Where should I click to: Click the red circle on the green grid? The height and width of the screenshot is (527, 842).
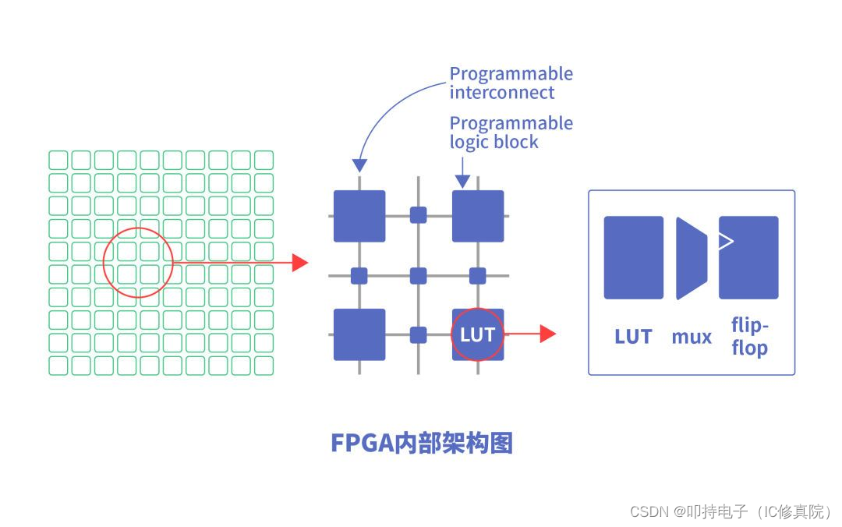(x=138, y=263)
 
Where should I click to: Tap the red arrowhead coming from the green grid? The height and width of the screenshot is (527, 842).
(x=300, y=263)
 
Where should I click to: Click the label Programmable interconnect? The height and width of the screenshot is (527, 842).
(x=511, y=83)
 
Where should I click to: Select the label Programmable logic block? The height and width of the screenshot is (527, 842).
(x=511, y=133)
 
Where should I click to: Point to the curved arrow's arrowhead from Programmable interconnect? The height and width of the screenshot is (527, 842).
(x=359, y=164)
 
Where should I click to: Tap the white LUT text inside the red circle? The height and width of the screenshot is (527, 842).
(x=477, y=334)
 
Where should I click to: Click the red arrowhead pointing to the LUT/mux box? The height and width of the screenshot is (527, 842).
(x=547, y=334)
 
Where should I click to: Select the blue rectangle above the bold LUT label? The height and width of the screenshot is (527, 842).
(x=633, y=257)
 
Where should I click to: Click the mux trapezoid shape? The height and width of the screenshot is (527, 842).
(x=691, y=258)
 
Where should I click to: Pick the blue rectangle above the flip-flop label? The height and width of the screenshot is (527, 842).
(x=748, y=257)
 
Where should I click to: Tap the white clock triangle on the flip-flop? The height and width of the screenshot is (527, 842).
(x=726, y=241)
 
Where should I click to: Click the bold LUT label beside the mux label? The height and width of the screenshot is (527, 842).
(x=633, y=337)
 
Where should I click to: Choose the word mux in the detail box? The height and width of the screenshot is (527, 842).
(x=692, y=337)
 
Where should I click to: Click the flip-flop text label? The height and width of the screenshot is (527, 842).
(x=749, y=336)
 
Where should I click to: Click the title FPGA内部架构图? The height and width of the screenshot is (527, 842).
(x=422, y=443)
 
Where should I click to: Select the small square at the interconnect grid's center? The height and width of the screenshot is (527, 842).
(x=419, y=275)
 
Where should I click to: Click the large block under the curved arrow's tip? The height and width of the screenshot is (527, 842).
(x=359, y=216)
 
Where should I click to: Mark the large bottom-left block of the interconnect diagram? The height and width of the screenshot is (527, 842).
(x=359, y=334)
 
